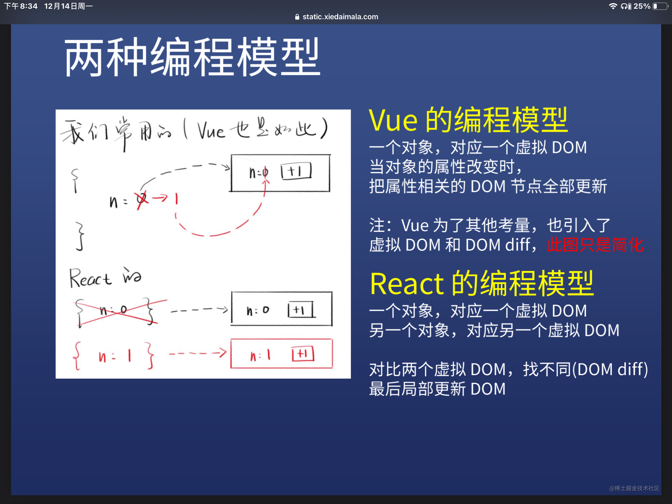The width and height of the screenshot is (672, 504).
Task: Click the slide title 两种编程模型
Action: click(x=192, y=57)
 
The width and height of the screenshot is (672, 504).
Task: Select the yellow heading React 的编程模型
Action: click(x=482, y=283)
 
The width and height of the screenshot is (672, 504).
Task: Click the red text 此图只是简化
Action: click(x=595, y=245)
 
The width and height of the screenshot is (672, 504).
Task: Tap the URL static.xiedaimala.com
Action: click(x=340, y=17)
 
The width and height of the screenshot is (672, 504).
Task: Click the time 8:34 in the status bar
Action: click(x=29, y=6)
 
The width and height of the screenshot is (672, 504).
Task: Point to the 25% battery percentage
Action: click(x=642, y=6)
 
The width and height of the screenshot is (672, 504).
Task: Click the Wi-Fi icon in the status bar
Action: click(x=613, y=6)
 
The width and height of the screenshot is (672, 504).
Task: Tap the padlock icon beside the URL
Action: click(x=297, y=17)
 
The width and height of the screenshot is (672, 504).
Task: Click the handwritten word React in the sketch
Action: click(x=90, y=278)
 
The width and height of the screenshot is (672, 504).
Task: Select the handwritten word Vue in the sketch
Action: click(x=211, y=131)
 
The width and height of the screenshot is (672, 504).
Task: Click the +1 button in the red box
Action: click(x=303, y=354)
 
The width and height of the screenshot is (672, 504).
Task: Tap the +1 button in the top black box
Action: click(x=296, y=171)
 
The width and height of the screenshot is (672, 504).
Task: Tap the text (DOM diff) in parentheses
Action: click(x=610, y=369)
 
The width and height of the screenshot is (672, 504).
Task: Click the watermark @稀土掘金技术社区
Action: click(x=634, y=488)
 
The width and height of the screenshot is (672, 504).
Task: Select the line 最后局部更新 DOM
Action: click(x=437, y=389)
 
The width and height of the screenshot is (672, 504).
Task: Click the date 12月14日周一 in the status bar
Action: click(x=68, y=6)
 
